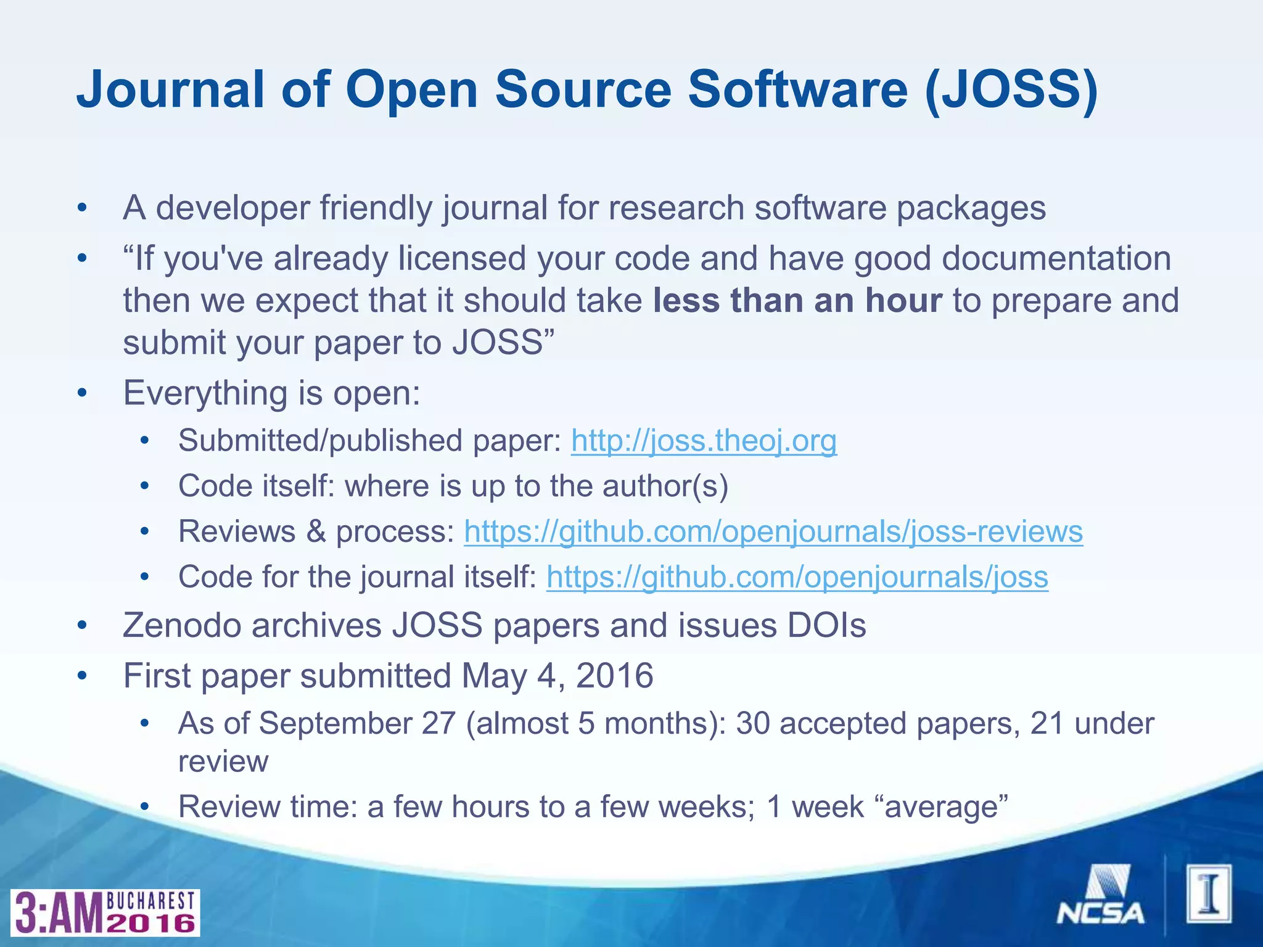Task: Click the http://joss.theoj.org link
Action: (x=704, y=441)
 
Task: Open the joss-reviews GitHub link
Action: (x=773, y=531)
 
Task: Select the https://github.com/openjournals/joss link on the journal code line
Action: (x=797, y=577)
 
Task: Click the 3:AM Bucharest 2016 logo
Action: (x=105, y=912)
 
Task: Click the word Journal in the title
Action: (x=170, y=89)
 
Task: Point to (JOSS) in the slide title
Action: (x=1011, y=89)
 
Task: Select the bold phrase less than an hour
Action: (x=797, y=301)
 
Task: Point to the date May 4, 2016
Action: (x=557, y=675)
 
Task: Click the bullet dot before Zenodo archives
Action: (x=83, y=626)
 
